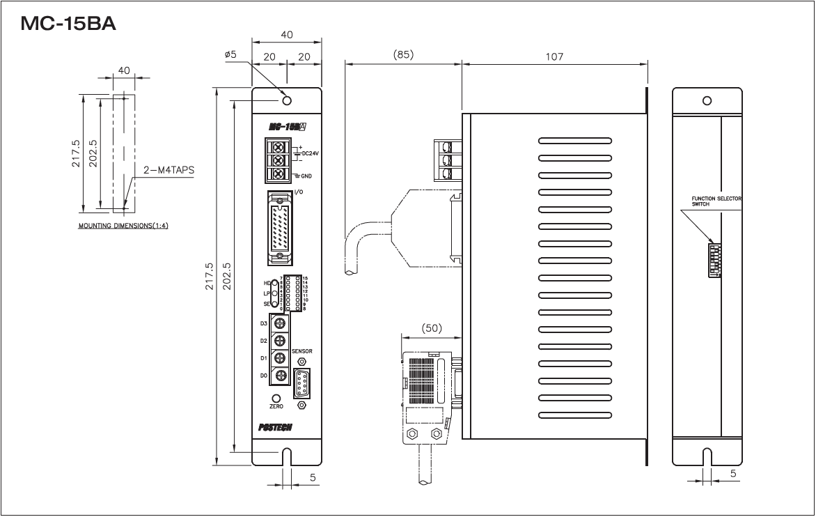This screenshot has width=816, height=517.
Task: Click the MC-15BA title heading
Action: pyautogui.click(x=68, y=24)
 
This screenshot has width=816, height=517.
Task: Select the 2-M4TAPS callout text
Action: pyautogui.click(x=169, y=169)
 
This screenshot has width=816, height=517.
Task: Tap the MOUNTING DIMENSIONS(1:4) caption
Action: pyautogui.click(x=123, y=226)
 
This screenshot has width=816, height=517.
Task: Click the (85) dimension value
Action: pyautogui.click(x=402, y=55)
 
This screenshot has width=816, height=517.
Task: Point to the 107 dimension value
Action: pyautogui.click(x=554, y=56)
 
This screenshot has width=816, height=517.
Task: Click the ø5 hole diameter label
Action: pyautogui.click(x=231, y=55)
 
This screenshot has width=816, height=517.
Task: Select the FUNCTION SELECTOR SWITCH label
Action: pyautogui.click(x=716, y=201)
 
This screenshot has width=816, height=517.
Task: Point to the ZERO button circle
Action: pyautogui.click(x=276, y=399)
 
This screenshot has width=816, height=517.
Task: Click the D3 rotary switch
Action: pyautogui.click(x=280, y=323)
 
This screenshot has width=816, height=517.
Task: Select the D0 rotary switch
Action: pyautogui.click(x=280, y=376)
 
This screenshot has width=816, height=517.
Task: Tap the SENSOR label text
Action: pyautogui.click(x=302, y=351)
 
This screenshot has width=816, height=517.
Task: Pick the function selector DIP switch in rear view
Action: pyautogui.click(x=714, y=260)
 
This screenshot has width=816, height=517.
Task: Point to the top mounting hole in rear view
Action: pyautogui.click(x=707, y=100)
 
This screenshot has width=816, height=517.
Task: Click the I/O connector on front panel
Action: pyautogui.click(x=280, y=229)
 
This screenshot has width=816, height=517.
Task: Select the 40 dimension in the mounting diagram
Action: pyautogui.click(x=125, y=70)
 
